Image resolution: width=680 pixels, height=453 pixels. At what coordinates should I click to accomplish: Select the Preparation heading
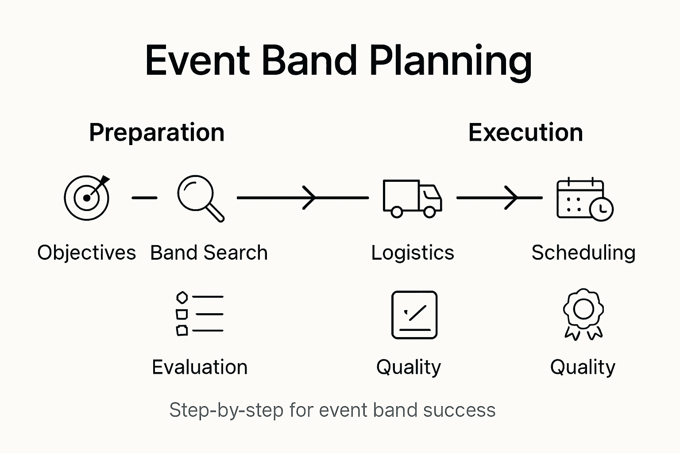157,132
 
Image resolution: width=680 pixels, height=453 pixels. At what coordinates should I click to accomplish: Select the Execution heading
525,132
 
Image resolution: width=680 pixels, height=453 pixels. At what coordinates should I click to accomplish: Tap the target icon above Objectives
87,198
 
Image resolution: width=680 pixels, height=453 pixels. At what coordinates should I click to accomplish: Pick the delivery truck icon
412,198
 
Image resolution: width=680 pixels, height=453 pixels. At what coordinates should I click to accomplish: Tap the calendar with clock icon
584,199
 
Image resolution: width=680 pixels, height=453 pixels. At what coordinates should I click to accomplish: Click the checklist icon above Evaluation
200,314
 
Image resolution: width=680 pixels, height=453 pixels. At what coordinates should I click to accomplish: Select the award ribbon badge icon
583,314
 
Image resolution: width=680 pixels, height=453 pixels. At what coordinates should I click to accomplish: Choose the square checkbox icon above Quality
414,315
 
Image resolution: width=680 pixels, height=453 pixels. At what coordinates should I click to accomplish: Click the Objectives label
87,253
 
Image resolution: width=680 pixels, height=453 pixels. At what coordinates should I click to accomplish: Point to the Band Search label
209,253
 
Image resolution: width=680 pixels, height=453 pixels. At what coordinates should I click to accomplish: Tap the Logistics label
413,253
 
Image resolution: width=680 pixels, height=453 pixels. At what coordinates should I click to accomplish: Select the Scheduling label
583,253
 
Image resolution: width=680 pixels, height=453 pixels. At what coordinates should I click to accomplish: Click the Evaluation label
200,367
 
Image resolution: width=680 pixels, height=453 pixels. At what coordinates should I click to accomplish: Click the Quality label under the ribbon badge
583,367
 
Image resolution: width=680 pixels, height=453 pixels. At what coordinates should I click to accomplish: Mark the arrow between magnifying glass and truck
303,198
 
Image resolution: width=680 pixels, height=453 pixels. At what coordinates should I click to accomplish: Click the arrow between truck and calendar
499,198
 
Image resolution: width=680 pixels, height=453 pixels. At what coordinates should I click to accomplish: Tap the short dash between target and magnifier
144,198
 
